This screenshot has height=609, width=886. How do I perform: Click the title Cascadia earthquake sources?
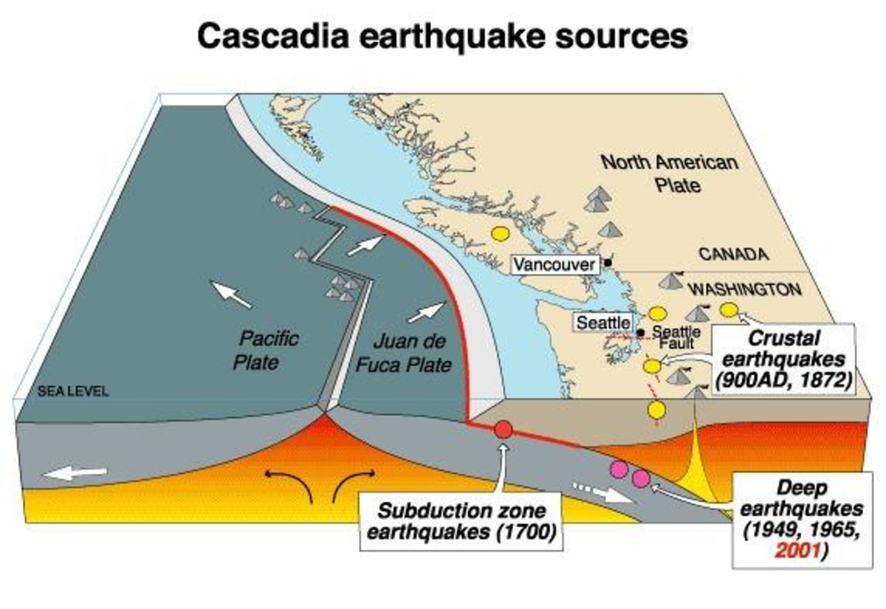442,35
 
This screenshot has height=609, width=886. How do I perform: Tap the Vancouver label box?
554,264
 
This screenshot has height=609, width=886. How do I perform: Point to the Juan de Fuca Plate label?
404,352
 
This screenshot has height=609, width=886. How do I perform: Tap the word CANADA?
733,254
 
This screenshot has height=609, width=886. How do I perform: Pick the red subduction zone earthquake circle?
503,429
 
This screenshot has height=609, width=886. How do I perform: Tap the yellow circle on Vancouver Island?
499,234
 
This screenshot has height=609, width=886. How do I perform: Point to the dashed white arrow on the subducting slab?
602,492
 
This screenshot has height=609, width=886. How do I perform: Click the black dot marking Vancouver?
607,263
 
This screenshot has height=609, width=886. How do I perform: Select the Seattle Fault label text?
677,337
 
